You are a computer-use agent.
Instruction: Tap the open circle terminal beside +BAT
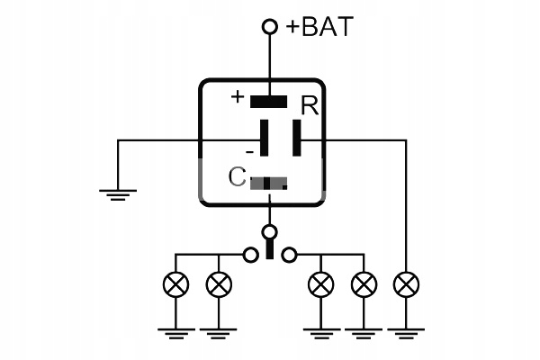[x=269, y=27]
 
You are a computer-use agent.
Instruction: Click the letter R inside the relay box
[x=310, y=107]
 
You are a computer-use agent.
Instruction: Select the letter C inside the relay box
[x=237, y=177]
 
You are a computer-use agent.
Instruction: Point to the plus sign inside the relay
[x=238, y=96]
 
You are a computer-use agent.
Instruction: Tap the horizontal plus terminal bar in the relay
[x=269, y=101]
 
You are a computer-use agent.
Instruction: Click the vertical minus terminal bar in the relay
[x=265, y=139]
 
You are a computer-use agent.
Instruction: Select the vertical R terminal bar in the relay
[x=298, y=139]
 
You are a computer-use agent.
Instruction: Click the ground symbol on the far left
[x=119, y=193]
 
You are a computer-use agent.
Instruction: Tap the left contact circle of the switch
[x=250, y=256]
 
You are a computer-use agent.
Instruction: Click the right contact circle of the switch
[x=288, y=256]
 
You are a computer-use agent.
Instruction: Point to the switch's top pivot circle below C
[x=269, y=233]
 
